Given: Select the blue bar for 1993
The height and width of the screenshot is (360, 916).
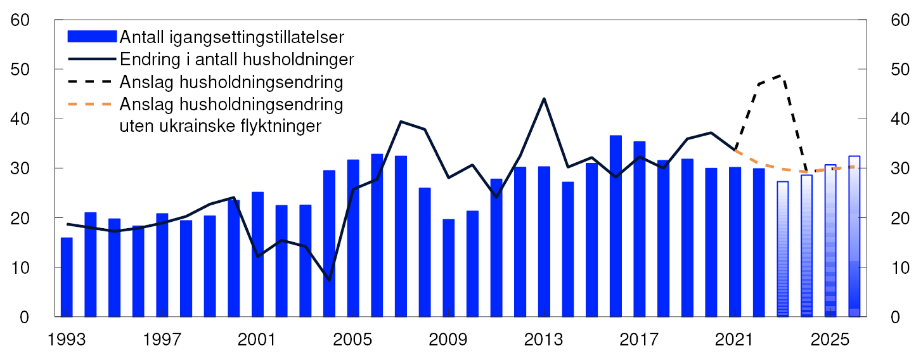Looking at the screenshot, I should click(x=67, y=277).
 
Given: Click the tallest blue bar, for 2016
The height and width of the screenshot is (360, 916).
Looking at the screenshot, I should click(x=616, y=226).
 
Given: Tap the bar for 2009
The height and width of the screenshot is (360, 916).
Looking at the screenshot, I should click(x=449, y=268).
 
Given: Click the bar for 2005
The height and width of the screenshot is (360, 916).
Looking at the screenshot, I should click(x=353, y=238).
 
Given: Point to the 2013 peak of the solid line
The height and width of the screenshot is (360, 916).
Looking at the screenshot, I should click(x=544, y=99).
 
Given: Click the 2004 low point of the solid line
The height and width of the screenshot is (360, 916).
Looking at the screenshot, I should click(x=329, y=280).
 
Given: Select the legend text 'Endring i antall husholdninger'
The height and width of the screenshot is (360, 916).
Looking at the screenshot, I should click(x=236, y=60).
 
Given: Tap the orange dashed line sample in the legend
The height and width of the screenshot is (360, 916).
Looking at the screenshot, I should click(x=91, y=103).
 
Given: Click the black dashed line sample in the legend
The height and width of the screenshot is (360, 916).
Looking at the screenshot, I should click(x=91, y=82).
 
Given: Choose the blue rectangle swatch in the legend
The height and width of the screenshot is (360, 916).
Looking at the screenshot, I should click(x=91, y=36).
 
